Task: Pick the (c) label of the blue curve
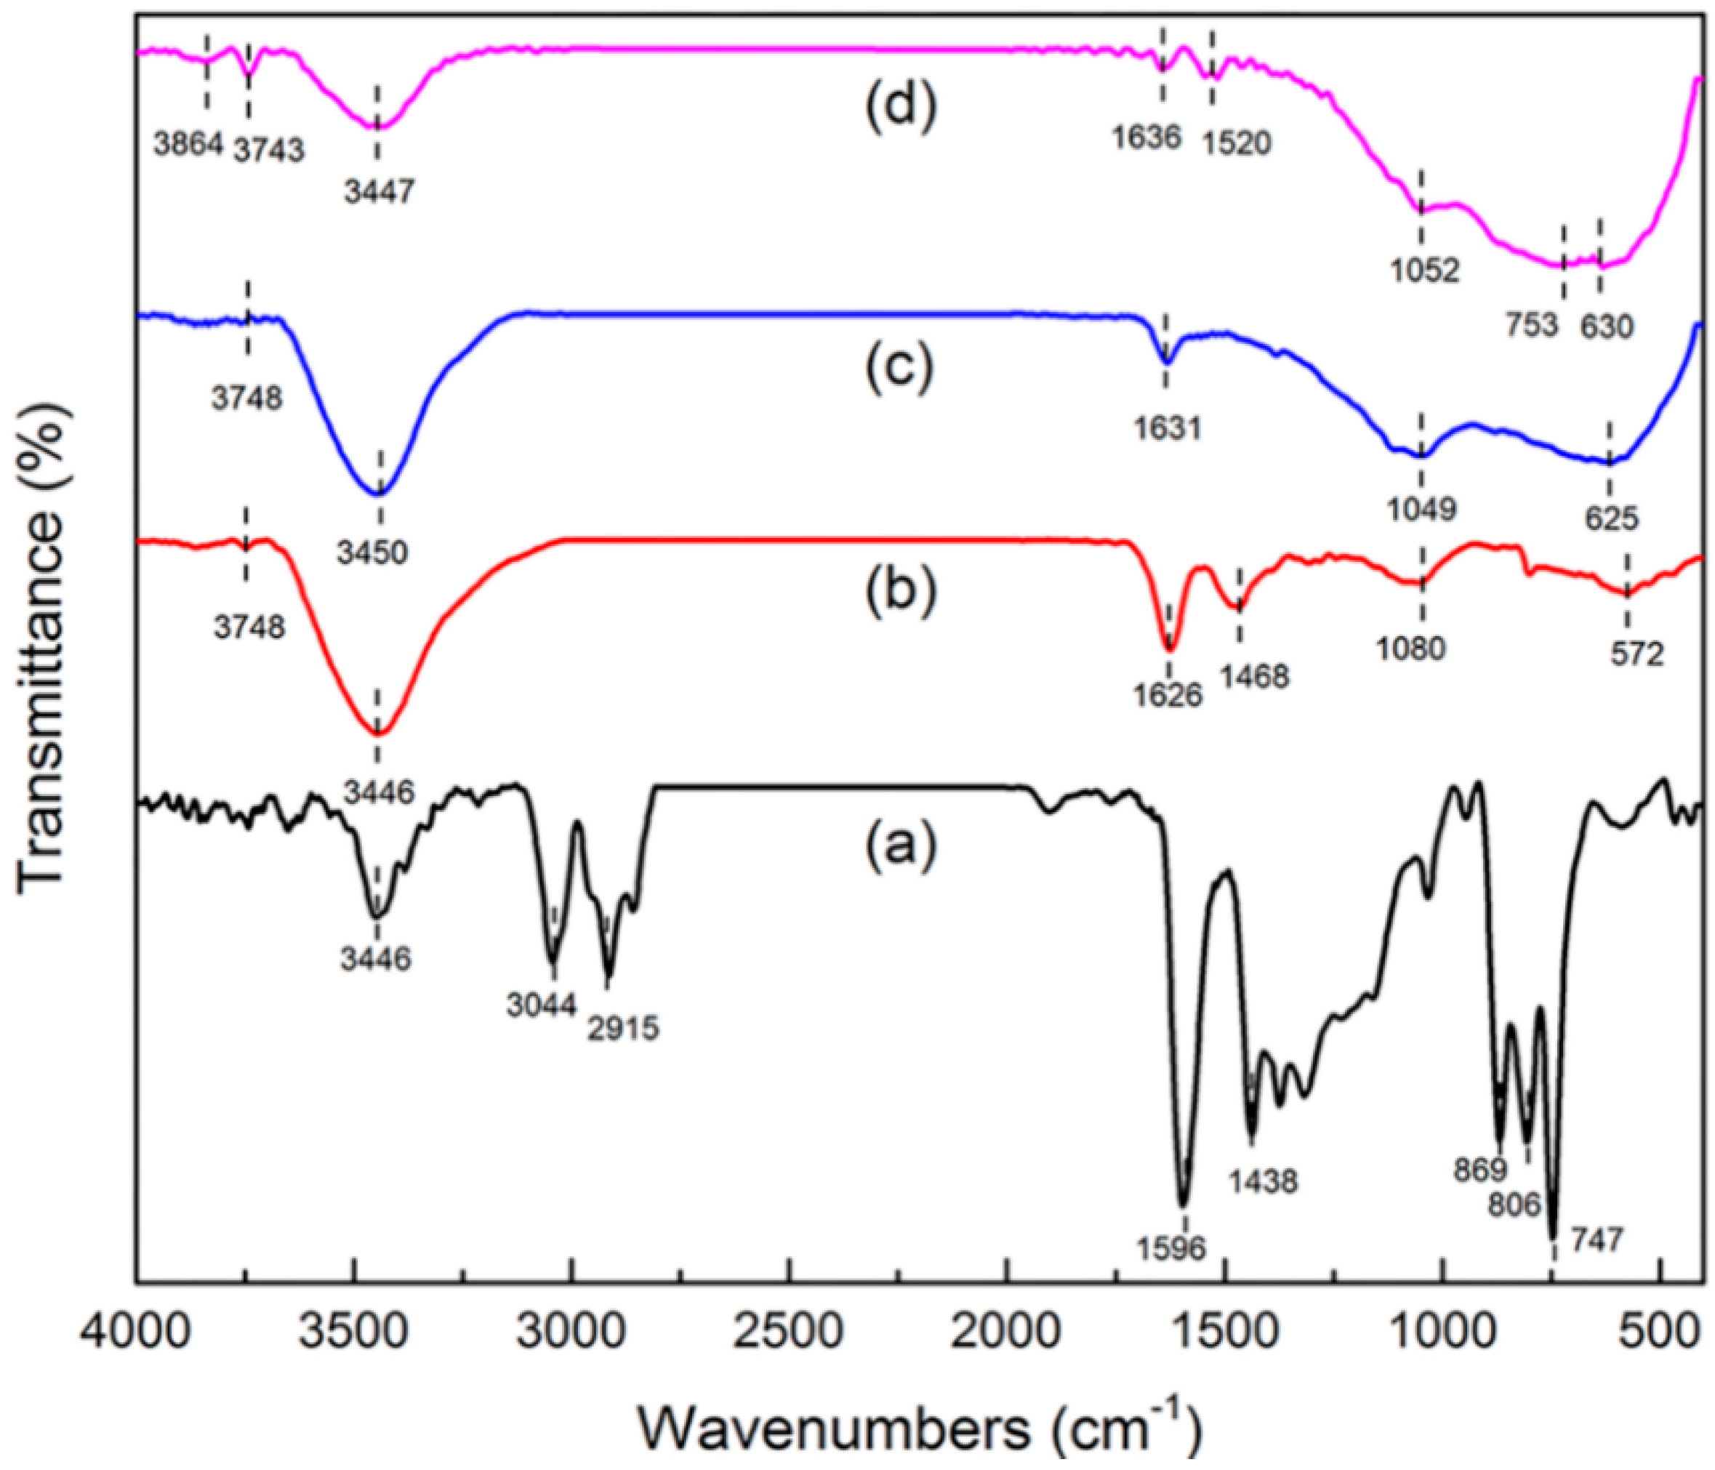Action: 900,365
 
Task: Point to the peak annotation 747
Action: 1596,1240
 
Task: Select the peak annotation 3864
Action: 189,144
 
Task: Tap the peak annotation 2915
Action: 624,1029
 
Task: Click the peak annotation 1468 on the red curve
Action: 1254,677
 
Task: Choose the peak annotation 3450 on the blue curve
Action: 372,552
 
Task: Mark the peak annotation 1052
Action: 1423,270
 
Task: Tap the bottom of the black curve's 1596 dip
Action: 1183,1205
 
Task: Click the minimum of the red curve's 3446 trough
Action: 378,734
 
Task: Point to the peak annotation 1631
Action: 1167,428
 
